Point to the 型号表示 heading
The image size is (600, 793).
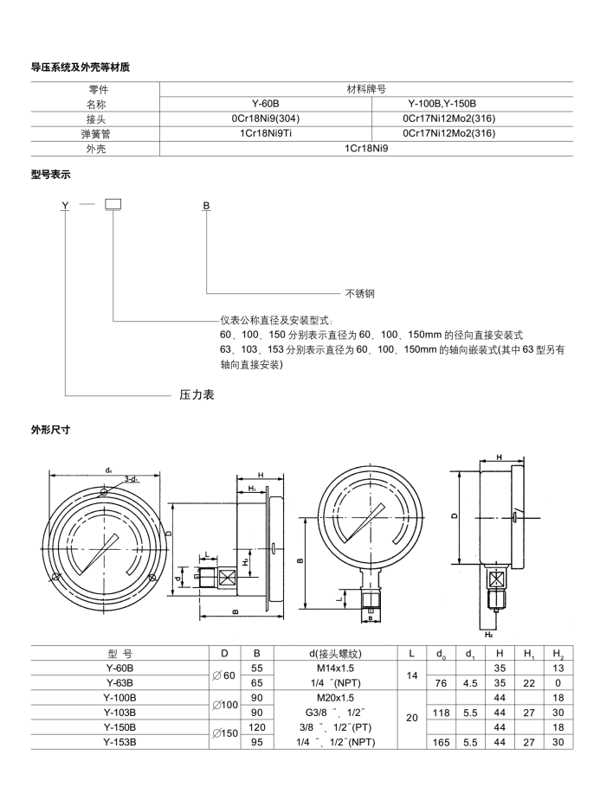50,174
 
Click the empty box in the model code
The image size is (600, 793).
113,205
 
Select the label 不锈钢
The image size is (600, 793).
360,293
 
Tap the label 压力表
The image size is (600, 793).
197,394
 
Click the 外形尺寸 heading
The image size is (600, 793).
50,428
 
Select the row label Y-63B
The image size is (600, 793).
119,682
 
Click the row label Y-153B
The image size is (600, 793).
119,741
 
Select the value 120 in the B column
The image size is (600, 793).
256,726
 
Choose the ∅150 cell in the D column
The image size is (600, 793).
225,734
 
